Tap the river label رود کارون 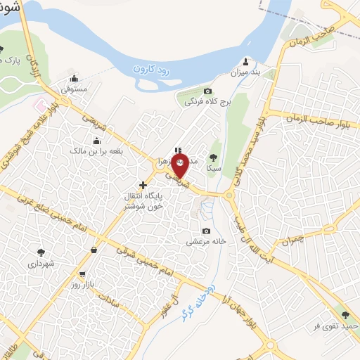(159, 68)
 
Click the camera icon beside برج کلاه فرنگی (207, 91)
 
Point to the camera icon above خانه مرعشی (206, 231)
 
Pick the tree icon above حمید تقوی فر (344, 315)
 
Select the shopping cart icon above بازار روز (83, 274)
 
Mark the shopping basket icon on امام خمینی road (94, 249)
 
